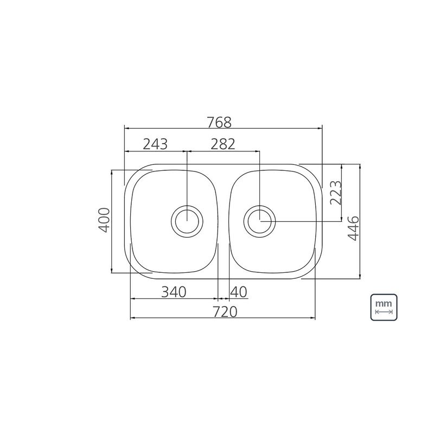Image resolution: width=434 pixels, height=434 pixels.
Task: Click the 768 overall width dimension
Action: point(220,123)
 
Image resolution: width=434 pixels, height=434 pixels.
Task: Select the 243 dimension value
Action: point(155,144)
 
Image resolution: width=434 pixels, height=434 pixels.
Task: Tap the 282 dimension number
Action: point(223,144)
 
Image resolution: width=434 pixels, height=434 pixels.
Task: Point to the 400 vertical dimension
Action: point(105,220)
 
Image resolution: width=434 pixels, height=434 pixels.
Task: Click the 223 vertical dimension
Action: point(336,193)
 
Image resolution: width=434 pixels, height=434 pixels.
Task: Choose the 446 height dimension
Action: point(353,228)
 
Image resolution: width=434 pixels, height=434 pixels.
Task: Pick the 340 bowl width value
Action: point(174,292)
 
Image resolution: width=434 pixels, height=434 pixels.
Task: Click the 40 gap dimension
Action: point(239,292)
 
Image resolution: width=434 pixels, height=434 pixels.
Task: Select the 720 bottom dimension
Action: point(225,312)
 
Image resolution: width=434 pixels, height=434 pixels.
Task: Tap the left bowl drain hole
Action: point(187,221)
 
